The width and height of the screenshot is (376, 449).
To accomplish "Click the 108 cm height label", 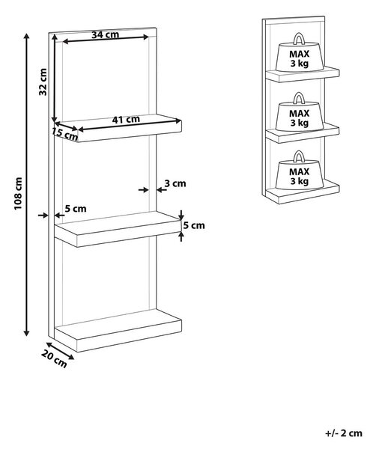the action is pos(18,193).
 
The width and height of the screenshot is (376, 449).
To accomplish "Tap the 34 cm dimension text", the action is pos(105,34).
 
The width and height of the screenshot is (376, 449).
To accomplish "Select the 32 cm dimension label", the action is pos(43,82).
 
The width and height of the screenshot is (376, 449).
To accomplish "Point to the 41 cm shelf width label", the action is pos(126,120).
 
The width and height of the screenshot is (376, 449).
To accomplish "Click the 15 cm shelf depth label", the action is pos(64,134).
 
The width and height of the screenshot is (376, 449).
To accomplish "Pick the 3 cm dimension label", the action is pos(175,183).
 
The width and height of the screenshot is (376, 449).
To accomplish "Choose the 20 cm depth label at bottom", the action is pos(54,359).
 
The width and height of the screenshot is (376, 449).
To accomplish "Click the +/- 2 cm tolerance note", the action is pos(344,433).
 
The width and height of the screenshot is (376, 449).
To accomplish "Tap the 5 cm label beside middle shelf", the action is pos(194,226).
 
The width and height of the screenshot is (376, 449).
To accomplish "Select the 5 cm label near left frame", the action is pos(76,209).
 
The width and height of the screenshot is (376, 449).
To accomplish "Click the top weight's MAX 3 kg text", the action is pos(300,58).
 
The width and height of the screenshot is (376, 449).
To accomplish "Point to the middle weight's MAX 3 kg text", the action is pos(300,118).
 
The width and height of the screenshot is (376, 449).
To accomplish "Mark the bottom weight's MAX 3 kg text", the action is pos(300,177).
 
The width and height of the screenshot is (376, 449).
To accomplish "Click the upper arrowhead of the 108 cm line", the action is pos(27,37).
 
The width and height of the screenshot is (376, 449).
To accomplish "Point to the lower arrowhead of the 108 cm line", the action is pos(27,333).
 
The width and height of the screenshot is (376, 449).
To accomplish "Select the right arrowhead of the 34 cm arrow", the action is pos(145,37).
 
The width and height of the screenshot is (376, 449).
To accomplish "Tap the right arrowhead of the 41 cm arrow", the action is pos(178,121).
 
